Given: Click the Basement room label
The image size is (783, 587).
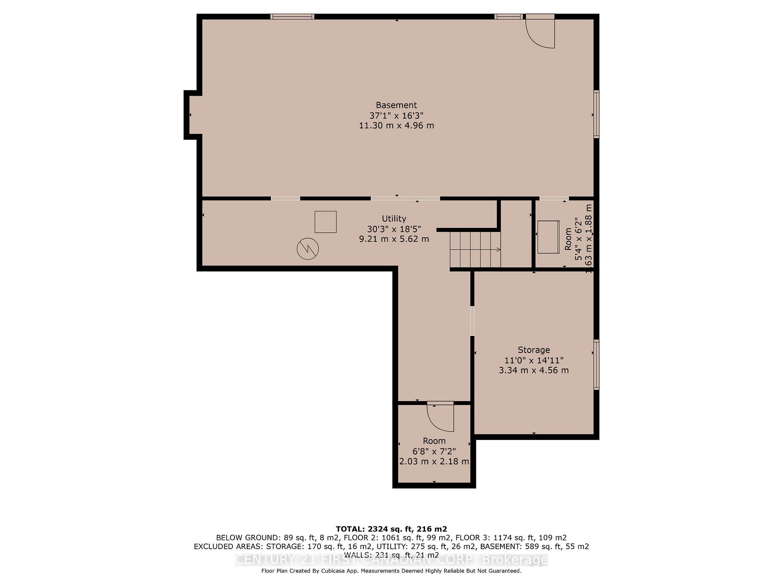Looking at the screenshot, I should tap(396, 105).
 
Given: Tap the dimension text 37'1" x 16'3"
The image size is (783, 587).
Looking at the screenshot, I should tap(396, 115).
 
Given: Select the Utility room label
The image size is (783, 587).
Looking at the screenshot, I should tap(394, 218).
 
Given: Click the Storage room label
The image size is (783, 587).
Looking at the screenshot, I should tap(533, 350).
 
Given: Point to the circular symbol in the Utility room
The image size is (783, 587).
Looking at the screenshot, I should tap(307, 249).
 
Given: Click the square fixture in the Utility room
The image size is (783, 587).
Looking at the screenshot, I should tap(325, 222).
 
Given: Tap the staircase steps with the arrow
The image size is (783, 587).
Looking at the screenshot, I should tap(475, 249).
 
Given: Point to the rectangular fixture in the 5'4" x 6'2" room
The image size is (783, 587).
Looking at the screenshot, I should tap(548, 237).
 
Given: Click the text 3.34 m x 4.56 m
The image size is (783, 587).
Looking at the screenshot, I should tap(533, 370).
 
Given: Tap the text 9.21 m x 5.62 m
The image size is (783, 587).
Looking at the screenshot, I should tap(394, 239).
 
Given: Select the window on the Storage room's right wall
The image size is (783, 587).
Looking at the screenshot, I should tap(596, 364).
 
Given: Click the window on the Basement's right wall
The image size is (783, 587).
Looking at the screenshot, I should tap(596, 114).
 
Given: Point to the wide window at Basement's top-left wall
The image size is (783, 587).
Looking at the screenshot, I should tap(292, 17).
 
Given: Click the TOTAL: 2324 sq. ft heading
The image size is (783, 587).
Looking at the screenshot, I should tap(391, 529).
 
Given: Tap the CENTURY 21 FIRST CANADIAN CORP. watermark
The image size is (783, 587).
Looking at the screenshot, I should tap(391, 560).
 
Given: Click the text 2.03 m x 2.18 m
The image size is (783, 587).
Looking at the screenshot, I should tap(434, 461).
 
